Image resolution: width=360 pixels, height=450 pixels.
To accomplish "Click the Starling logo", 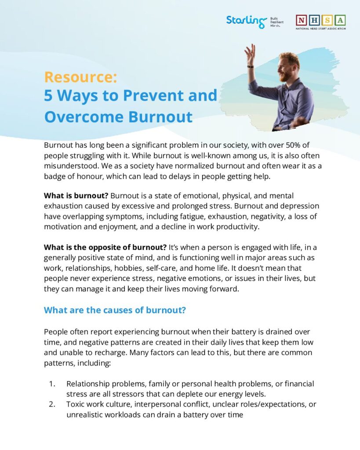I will click(247, 21).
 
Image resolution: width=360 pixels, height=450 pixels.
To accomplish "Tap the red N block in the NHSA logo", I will click(302, 20).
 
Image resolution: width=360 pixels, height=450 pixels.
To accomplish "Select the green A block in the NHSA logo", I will click(340, 20).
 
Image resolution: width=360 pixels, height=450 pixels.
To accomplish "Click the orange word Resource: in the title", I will click(80, 77).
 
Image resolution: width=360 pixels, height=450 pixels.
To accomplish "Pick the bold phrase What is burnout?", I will click(76, 196).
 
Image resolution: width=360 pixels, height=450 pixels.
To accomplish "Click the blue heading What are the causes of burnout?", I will click(115, 310).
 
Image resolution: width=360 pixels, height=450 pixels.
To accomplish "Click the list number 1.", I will click(51, 384).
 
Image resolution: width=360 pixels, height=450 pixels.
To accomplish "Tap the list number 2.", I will click(51, 404).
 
